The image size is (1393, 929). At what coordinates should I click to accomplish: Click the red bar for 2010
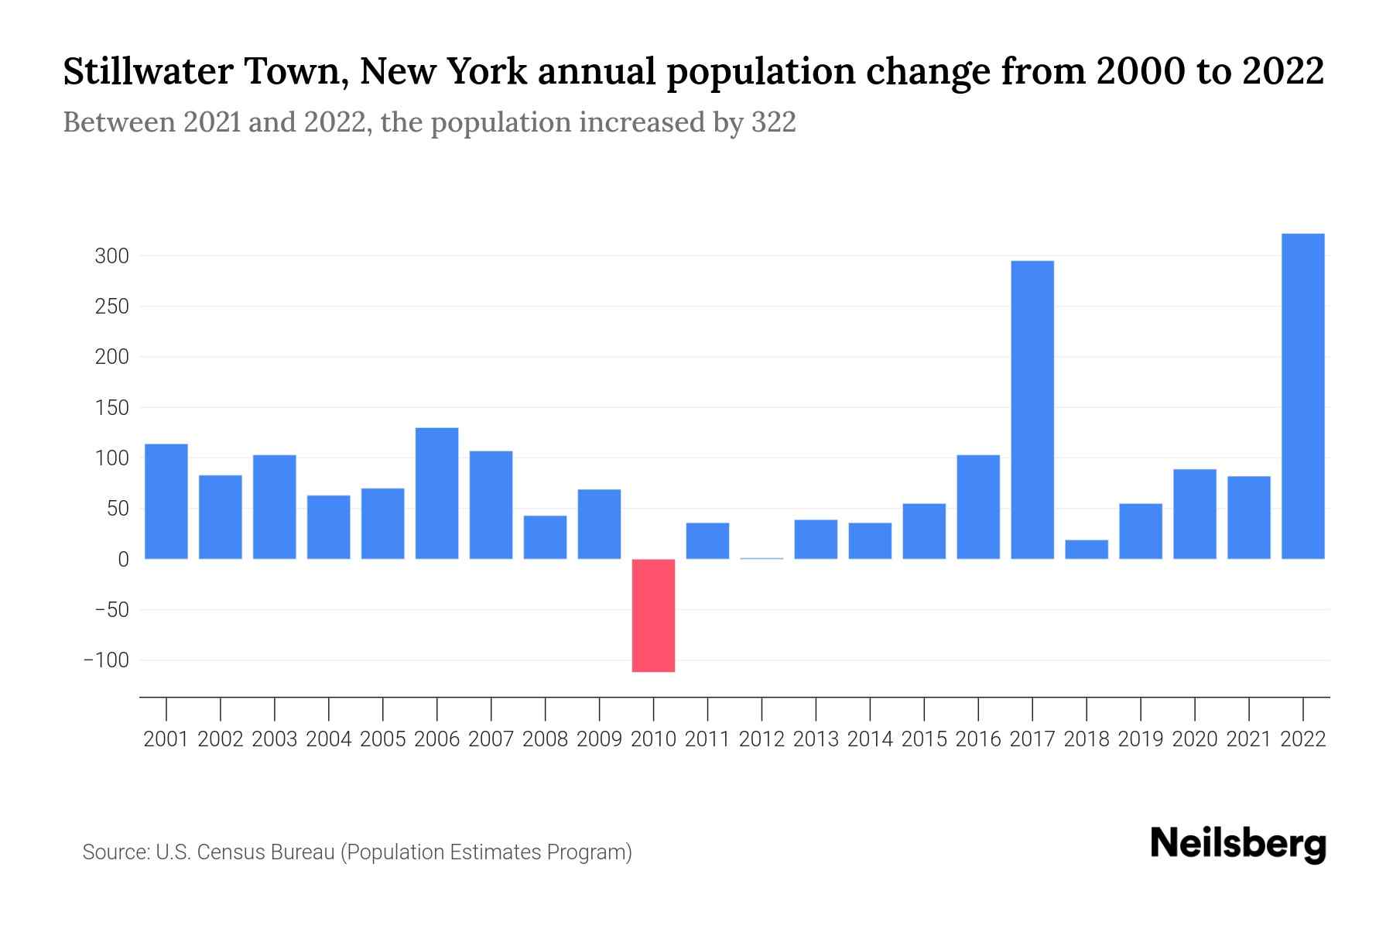pyautogui.click(x=653, y=615)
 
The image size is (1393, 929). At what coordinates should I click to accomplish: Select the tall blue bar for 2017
pyautogui.click(x=1032, y=410)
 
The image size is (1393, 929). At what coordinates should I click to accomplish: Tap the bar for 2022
pyautogui.click(x=1303, y=396)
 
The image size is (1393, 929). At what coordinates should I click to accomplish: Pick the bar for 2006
pyautogui.click(x=436, y=493)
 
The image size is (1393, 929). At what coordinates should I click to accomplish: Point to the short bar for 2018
pyautogui.click(x=1087, y=550)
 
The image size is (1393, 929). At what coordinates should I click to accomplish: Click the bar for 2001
pyautogui.click(x=166, y=501)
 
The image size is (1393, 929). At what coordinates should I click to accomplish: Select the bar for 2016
pyautogui.click(x=978, y=507)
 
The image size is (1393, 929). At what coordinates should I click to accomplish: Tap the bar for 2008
pyautogui.click(x=545, y=537)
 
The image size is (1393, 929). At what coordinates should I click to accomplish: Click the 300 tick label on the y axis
pyautogui.click(x=111, y=256)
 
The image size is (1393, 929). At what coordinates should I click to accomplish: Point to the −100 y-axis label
pyautogui.click(x=107, y=660)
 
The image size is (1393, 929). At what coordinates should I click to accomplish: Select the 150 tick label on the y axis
pyautogui.click(x=111, y=408)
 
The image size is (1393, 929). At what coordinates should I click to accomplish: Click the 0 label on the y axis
pyautogui.click(x=123, y=560)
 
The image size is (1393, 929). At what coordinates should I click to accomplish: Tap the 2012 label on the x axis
pyautogui.click(x=762, y=739)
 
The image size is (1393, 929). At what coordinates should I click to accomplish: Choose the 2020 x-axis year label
pyautogui.click(x=1195, y=739)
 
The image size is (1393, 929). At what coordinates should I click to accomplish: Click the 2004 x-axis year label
pyautogui.click(x=329, y=739)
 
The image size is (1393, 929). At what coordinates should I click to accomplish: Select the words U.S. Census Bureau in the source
pyautogui.click(x=245, y=852)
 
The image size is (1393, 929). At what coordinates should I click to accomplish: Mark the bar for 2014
pyautogui.click(x=870, y=541)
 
